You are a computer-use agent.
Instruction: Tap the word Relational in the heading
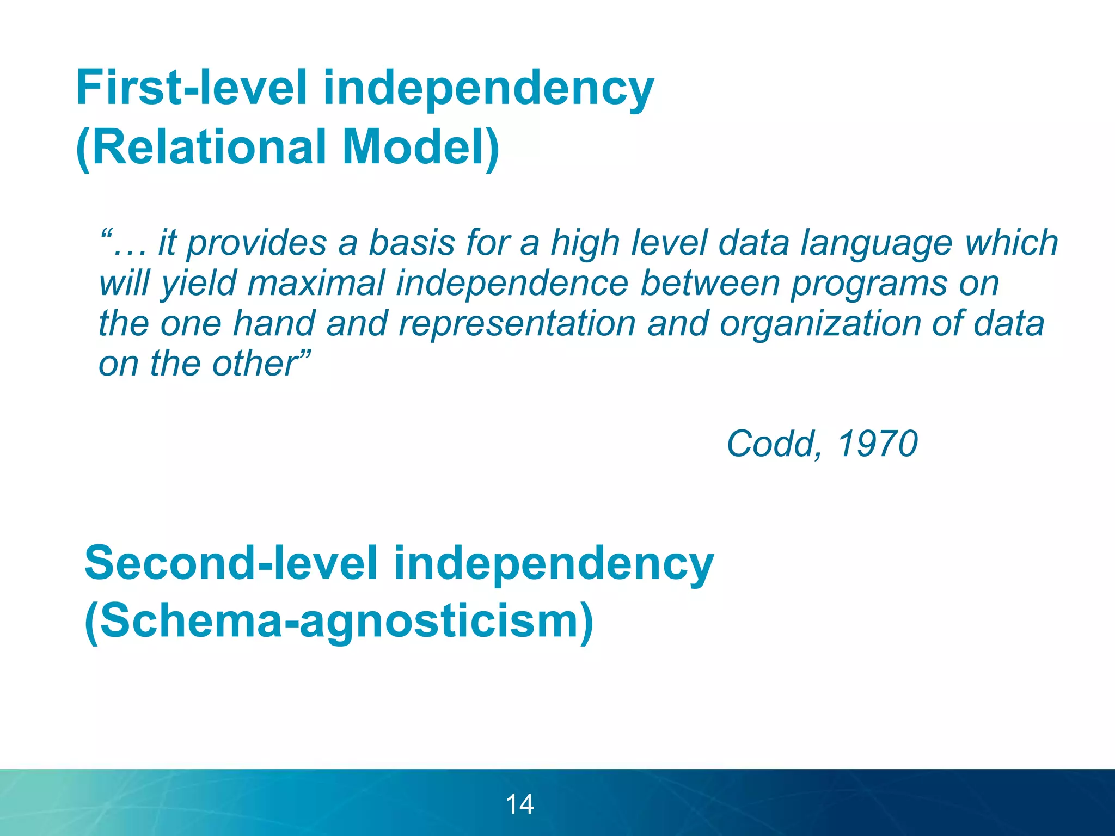[x=210, y=146]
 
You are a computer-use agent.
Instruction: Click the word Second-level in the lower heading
[x=231, y=563]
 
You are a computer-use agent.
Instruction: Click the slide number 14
[x=519, y=804]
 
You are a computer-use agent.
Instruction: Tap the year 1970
[x=877, y=444]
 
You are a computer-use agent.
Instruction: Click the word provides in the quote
[x=256, y=243]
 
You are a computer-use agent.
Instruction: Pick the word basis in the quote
[x=412, y=243]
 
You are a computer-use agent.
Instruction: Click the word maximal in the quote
[x=316, y=284]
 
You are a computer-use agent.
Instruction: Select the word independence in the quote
[x=512, y=284]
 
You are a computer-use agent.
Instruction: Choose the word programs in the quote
[x=869, y=284]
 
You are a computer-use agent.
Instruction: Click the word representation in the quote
[x=517, y=324]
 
